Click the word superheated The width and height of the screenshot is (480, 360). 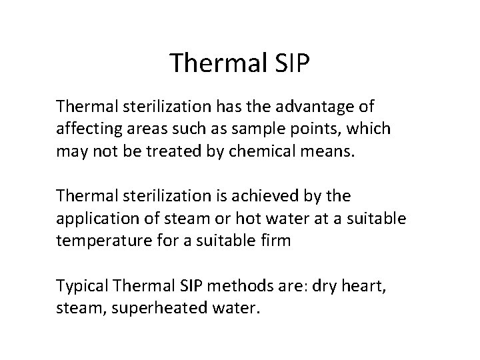pyautogui.click(x=148, y=308)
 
